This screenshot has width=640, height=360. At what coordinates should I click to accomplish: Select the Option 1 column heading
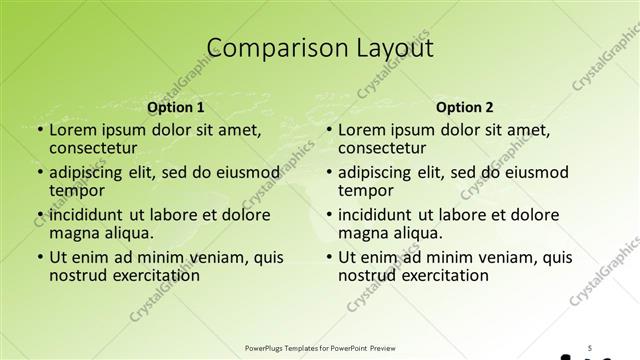click(175, 107)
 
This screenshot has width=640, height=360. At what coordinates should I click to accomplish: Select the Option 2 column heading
click(465, 107)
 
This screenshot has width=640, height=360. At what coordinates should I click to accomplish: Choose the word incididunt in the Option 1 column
click(88, 215)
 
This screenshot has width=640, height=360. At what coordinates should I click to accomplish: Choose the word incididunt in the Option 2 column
click(378, 215)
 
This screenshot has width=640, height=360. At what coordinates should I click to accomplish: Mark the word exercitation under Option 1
click(154, 275)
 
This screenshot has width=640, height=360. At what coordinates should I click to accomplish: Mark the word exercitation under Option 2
click(444, 275)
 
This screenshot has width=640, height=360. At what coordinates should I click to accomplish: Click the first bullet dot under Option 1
click(39, 130)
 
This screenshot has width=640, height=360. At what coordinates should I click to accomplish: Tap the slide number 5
click(591, 348)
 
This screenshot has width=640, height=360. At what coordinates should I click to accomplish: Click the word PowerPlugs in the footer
click(265, 349)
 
